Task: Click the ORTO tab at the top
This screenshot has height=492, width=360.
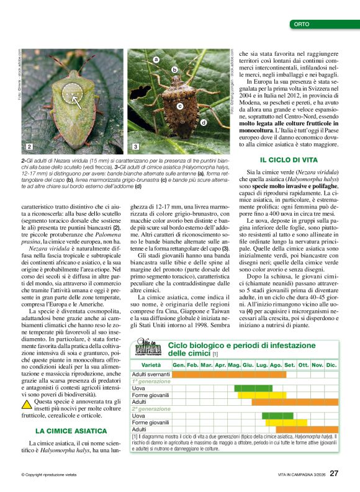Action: click(x=303, y=24)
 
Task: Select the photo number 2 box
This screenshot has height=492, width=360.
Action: click(x=29, y=146)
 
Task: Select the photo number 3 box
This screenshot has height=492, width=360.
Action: click(x=135, y=146)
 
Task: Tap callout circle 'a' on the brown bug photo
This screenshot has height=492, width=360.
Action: click(x=156, y=59)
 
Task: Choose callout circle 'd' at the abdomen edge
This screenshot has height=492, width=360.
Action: click(x=204, y=123)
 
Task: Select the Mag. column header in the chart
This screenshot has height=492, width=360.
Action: click(x=234, y=365)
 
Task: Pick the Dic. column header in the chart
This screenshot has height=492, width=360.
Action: click(x=331, y=365)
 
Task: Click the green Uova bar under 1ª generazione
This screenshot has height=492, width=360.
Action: click(x=253, y=388)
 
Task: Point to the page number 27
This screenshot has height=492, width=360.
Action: click(x=334, y=473)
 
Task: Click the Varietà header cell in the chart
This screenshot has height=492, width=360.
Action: click(x=151, y=365)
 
